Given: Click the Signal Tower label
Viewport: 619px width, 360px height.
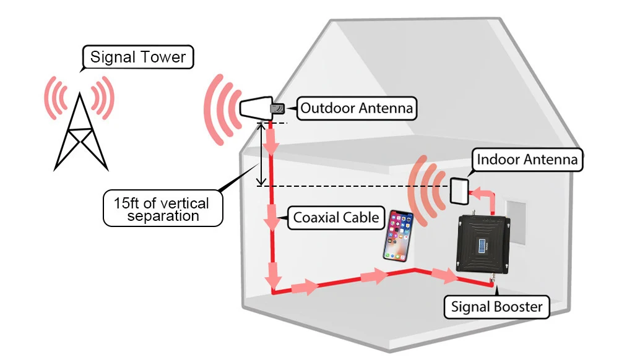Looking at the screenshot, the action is click(x=138, y=57).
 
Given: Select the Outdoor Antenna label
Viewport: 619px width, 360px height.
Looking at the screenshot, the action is click(x=357, y=108).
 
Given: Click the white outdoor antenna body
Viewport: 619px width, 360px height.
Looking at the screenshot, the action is click(x=256, y=108).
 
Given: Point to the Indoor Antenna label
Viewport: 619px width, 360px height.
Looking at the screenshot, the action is click(x=527, y=160).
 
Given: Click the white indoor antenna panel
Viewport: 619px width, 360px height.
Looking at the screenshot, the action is click(x=459, y=191).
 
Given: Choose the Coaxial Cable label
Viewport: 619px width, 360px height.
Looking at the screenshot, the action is click(x=336, y=218).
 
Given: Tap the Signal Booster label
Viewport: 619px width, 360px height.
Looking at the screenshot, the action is click(x=496, y=307).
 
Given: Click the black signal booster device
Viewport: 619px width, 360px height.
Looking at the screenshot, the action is click(x=483, y=244).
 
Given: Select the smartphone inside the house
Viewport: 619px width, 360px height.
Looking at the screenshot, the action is click(x=398, y=236).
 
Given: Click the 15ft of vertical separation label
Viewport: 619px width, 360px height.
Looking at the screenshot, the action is click(x=163, y=208).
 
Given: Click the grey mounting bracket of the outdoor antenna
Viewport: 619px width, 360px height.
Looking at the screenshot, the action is click(x=277, y=108).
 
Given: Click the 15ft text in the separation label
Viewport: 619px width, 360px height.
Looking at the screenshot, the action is click(x=126, y=203).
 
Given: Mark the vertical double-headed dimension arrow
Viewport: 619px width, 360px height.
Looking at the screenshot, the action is click(x=261, y=154).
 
